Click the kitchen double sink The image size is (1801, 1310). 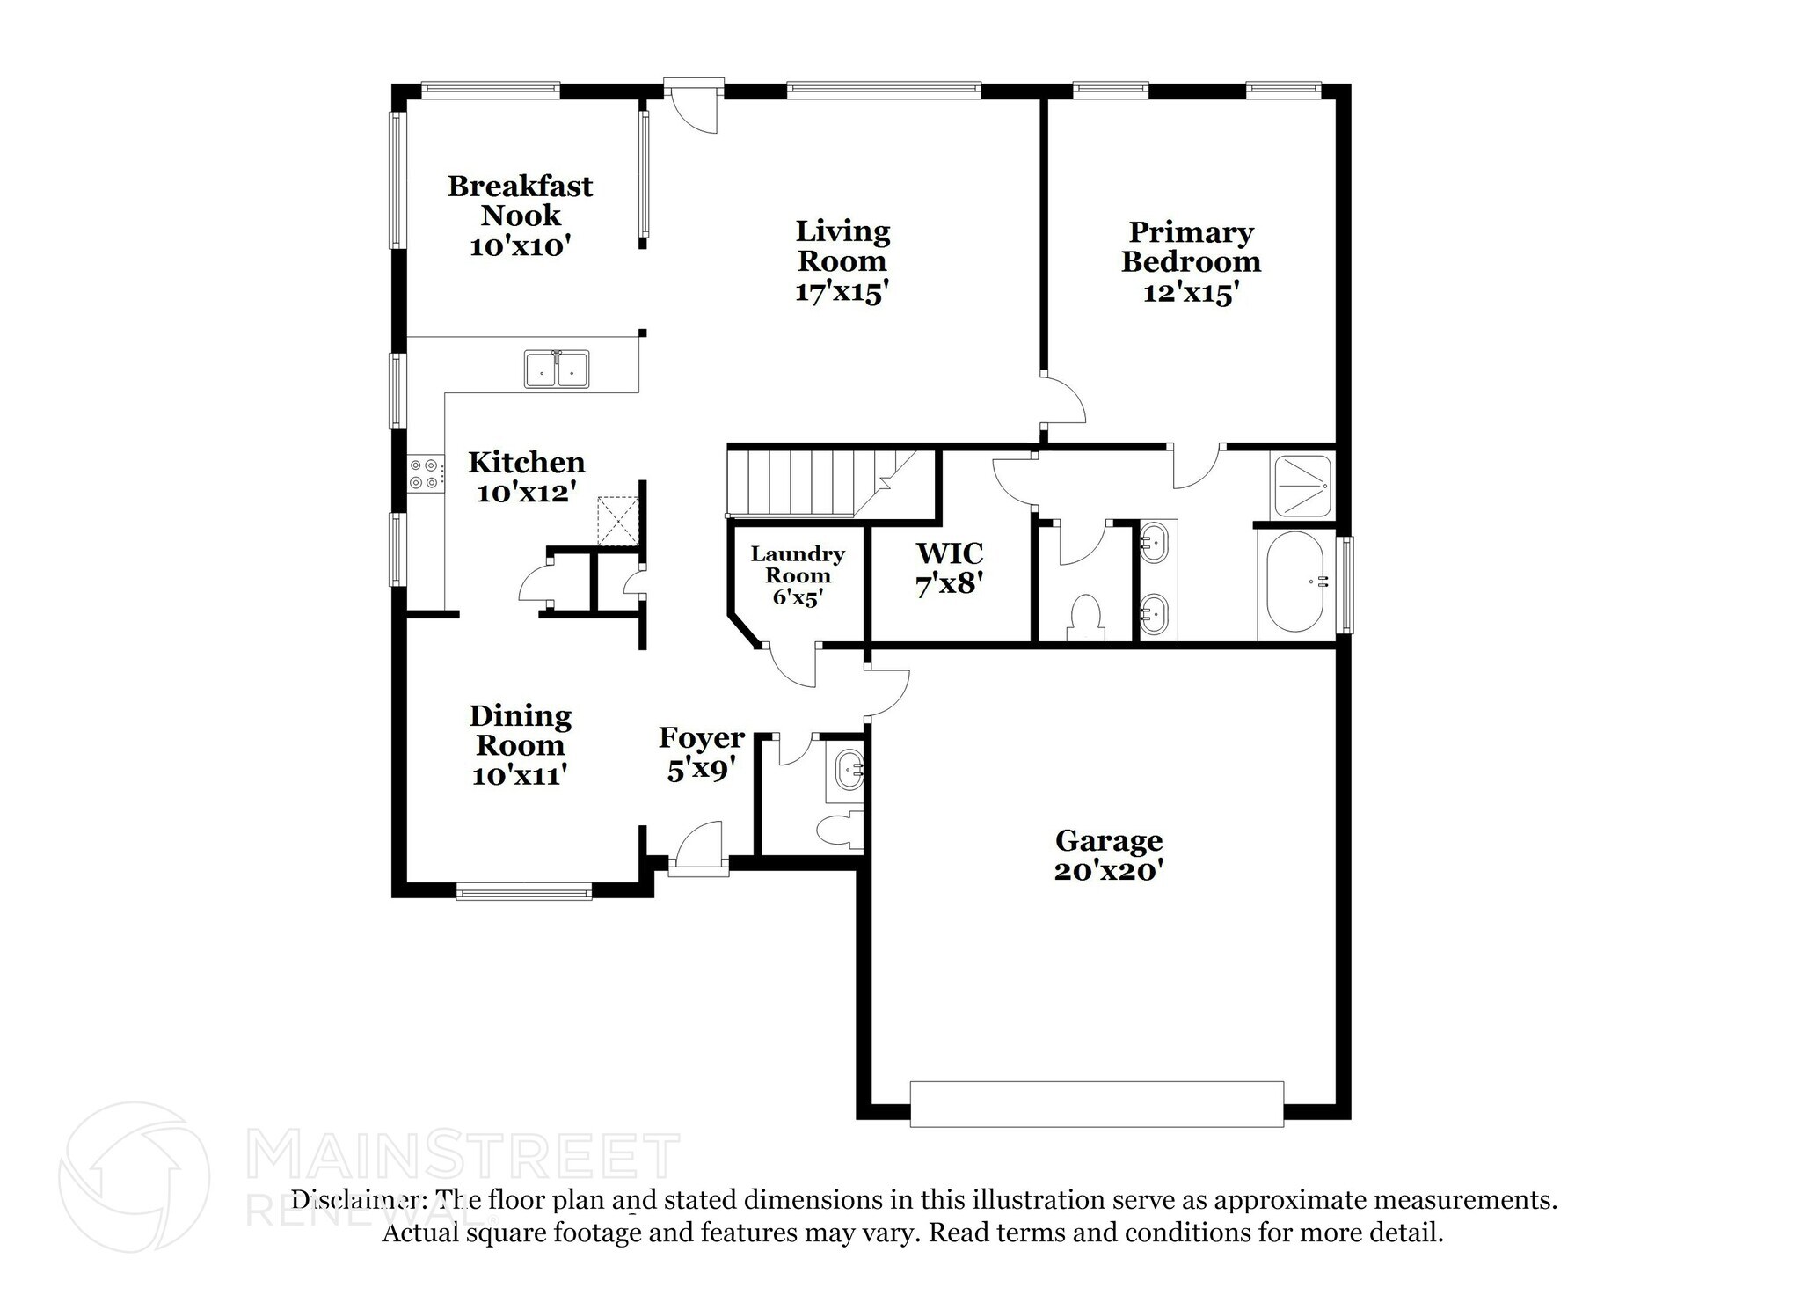click(x=557, y=369)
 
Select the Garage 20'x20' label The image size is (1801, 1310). click(x=1108, y=855)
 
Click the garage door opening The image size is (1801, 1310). click(x=1096, y=1104)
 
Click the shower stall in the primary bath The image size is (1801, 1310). click(x=1302, y=484)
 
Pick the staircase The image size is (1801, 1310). click(x=809, y=483)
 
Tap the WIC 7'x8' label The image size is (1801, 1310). click(x=949, y=568)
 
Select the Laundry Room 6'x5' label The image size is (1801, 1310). click(x=797, y=575)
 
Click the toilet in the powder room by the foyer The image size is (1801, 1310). click(x=836, y=830)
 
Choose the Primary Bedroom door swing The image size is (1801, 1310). click(x=1065, y=401)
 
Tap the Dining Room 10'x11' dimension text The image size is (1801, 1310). click(x=519, y=775)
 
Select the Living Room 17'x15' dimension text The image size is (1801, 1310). click(x=842, y=291)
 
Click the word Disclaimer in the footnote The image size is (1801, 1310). click(x=354, y=1200)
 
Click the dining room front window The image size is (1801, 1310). click(x=523, y=891)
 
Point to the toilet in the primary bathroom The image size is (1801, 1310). click(x=1087, y=617)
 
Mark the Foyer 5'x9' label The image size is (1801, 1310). click(x=701, y=753)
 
